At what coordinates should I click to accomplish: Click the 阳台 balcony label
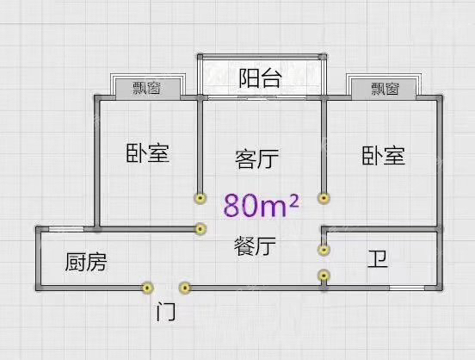tap(260, 78)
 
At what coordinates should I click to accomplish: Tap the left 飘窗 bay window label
tap(146, 88)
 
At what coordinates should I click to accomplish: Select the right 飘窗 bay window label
tap(385, 89)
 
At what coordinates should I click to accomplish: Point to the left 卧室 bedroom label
tap(147, 153)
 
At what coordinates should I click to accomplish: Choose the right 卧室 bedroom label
tap(384, 155)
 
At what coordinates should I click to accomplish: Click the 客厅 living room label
tap(257, 158)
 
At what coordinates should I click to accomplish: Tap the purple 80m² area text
tap(261, 205)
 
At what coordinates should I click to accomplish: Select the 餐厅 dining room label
tap(255, 246)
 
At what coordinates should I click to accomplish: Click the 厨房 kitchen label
tap(86, 262)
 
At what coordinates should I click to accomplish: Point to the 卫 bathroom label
tap(378, 259)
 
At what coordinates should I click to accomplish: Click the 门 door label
tap(166, 312)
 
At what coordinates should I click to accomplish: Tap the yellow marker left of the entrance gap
tap(147, 288)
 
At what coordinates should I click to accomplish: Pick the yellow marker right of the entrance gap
tap(185, 288)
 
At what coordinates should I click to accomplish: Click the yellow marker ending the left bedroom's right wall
tap(200, 198)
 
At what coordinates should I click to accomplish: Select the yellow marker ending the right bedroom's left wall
tap(324, 198)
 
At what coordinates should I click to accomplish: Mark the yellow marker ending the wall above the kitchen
tap(200, 229)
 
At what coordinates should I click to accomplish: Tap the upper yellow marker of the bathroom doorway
tap(324, 250)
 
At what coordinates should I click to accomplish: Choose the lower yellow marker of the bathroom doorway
tap(324, 276)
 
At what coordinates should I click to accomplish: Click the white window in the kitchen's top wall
tap(66, 229)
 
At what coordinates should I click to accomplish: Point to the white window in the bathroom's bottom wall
tap(407, 288)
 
